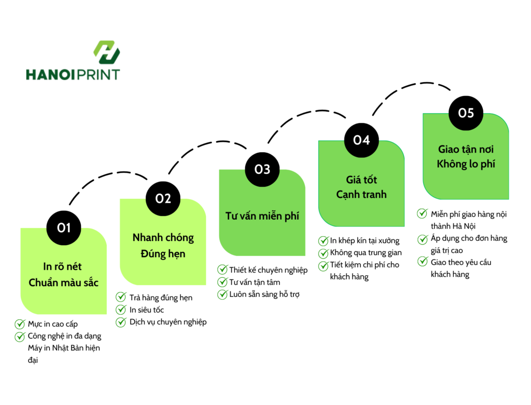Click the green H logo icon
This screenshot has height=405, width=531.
point(107,52)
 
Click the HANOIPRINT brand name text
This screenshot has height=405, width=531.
point(73,75)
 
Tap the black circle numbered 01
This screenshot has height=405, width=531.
point(64,228)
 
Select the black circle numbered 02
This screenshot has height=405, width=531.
point(163,199)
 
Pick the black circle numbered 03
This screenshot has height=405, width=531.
point(262,170)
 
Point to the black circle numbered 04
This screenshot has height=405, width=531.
point(361,140)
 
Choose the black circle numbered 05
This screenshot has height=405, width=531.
point(466,113)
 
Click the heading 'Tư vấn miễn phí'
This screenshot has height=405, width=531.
point(262,216)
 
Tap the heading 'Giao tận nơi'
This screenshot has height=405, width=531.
point(466,149)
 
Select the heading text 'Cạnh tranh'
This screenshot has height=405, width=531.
point(361,195)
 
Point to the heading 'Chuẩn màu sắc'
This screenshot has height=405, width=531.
point(64,282)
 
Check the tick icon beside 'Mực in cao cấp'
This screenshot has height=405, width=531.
point(20,324)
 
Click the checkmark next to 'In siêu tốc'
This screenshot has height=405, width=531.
point(121,309)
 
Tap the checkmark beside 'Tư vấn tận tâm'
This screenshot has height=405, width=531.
point(222,282)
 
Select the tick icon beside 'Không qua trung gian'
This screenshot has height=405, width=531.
point(324,253)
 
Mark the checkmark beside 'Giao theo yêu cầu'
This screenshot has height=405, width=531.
point(422,262)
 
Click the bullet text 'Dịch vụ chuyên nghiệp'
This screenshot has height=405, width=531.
point(168,322)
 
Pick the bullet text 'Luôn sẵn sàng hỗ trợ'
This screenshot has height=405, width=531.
point(264,294)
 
